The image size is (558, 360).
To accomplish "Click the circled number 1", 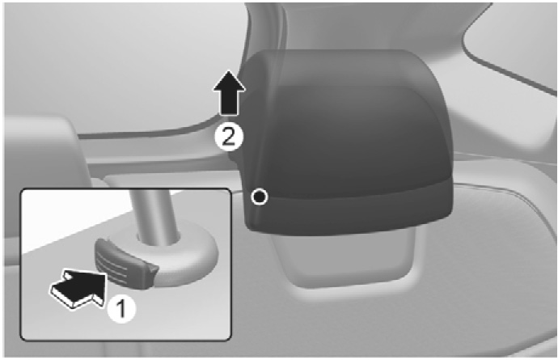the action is click(x=121, y=308).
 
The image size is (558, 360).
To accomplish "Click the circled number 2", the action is click(x=229, y=137).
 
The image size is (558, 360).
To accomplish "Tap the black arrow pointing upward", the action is click(x=229, y=93).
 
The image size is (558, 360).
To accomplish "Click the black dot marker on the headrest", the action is click(x=260, y=197).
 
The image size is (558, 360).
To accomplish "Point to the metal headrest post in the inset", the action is click(x=154, y=216).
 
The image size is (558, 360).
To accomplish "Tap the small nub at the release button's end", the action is click(x=151, y=273).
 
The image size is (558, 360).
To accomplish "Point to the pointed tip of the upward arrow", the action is click(x=229, y=71).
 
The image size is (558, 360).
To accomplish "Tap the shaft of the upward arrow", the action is click(x=229, y=104).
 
